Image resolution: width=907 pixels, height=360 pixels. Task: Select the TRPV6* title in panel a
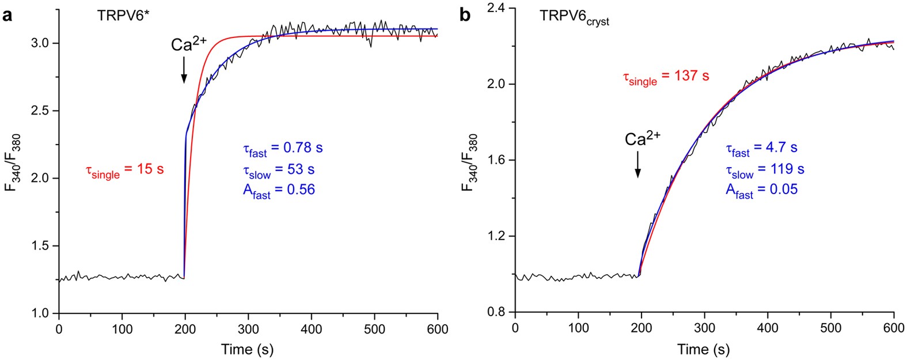tap(120, 16)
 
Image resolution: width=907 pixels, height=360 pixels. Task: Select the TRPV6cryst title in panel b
tap(574, 17)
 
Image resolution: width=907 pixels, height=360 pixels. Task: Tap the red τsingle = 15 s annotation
tap(124, 170)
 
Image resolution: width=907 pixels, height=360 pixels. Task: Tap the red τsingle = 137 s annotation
tap(666, 77)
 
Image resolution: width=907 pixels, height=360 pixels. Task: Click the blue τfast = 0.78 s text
tap(282, 149)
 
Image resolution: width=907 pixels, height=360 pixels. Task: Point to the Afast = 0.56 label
tap(279, 191)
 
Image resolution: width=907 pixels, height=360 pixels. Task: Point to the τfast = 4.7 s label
tap(761, 149)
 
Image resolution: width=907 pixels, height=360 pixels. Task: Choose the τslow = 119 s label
tap(765, 170)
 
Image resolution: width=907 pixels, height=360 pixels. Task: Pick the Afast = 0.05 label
tap(761, 190)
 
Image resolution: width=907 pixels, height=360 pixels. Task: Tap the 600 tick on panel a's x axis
tap(438, 329)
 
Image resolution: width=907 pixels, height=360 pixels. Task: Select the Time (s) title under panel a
tap(248, 349)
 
